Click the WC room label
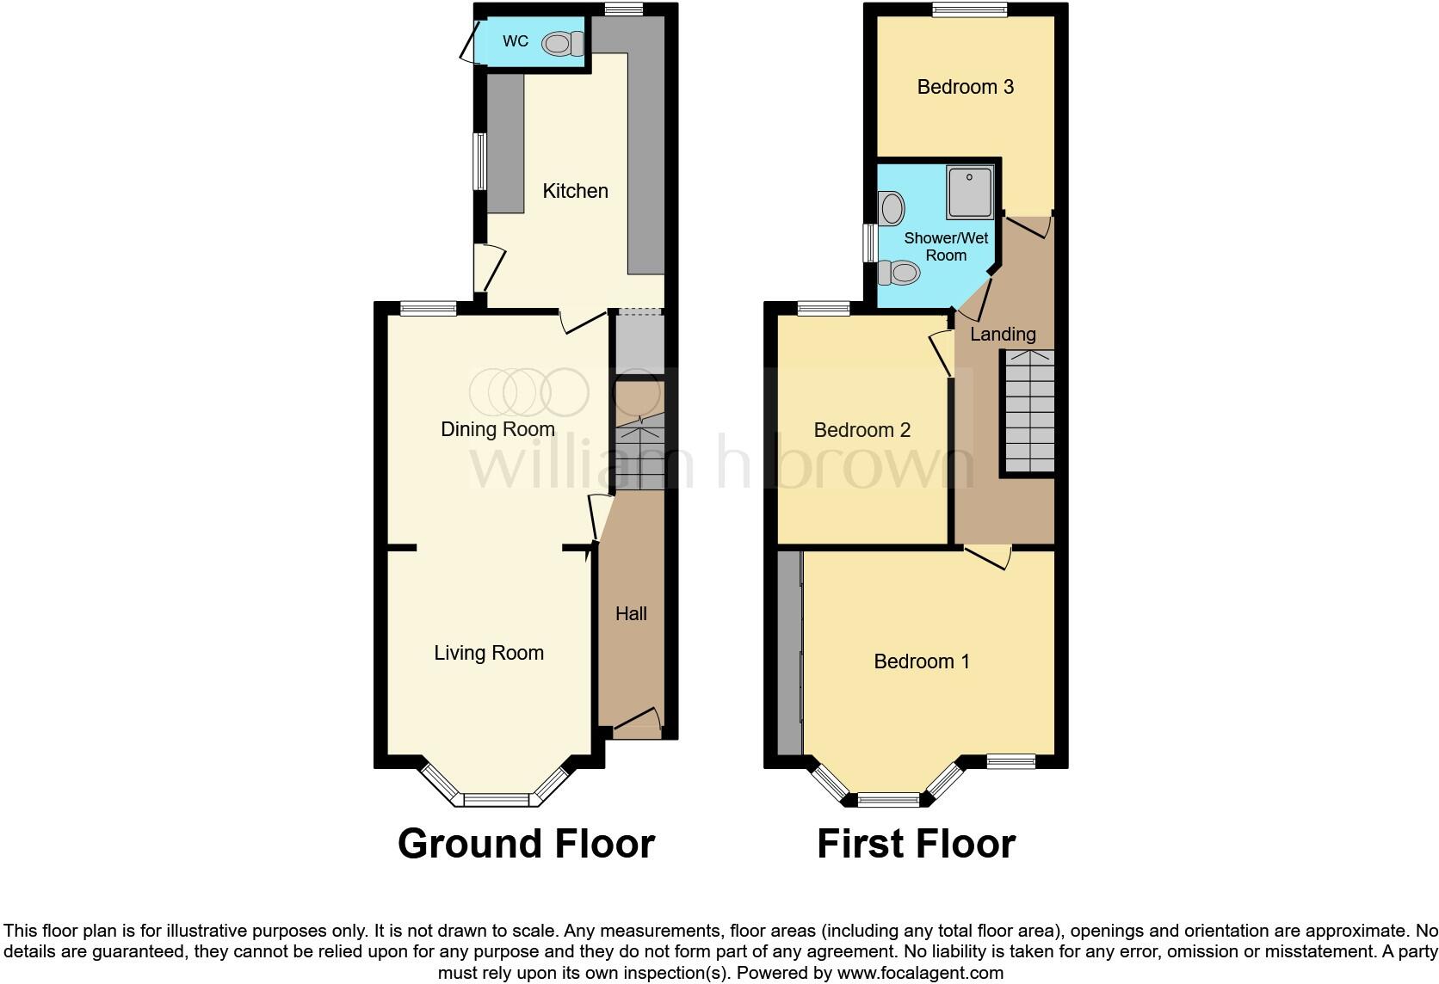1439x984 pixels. click(516, 41)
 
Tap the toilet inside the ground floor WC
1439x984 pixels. click(563, 43)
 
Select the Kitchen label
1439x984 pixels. click(575, 191)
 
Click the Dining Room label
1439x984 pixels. click(497, 429)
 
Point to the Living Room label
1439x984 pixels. click(489, 653)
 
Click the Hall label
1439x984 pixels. click(631, 613)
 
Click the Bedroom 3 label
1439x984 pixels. click(965, 87)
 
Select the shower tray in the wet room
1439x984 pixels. click(969, 192)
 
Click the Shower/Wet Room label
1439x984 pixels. click(946, 246)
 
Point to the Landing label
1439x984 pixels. click(1003, 334)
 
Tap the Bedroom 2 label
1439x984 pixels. click(862, 430)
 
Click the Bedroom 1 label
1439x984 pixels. click(921, 661)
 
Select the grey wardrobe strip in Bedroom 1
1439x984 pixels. click(789, 654)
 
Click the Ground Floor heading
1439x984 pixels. click(526, 844)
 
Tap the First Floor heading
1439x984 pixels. click(916, 844)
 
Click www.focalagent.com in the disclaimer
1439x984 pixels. click(920, 974)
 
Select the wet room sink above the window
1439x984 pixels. click(892, 208)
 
